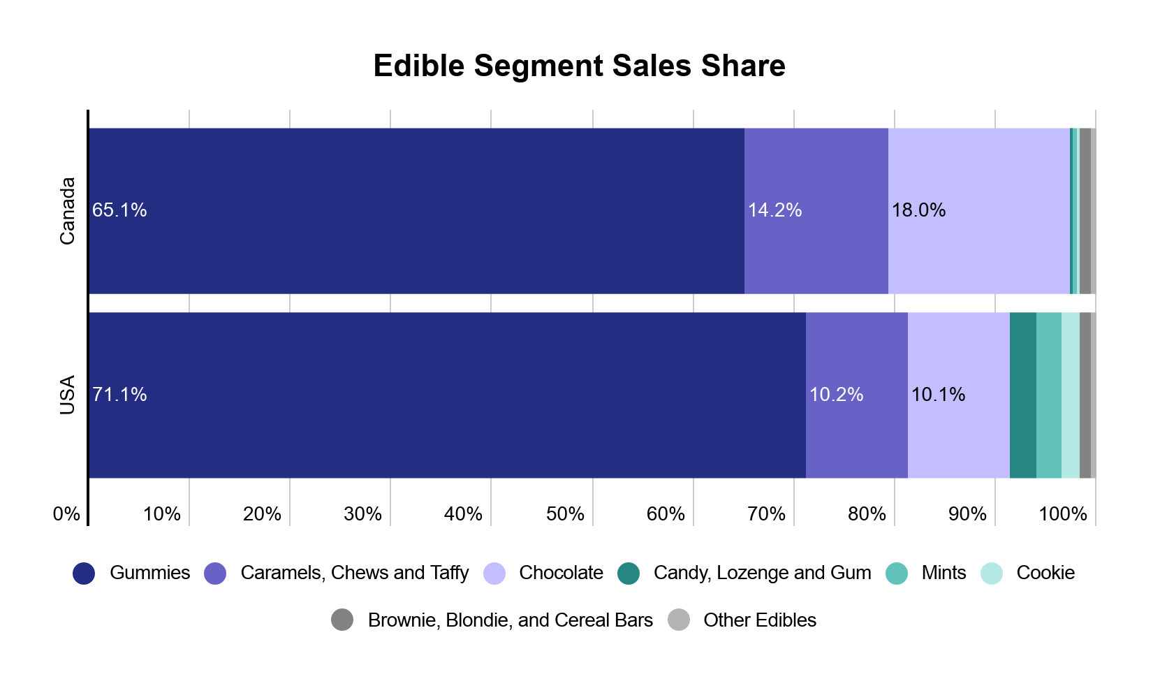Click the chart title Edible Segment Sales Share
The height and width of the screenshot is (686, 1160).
point(579,66)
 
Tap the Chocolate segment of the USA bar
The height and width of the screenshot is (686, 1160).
point(958,433)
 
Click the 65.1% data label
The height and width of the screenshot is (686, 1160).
point(119,210)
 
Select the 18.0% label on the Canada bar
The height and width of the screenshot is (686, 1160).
point(918,210)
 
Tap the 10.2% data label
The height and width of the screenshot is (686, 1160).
point(836,395)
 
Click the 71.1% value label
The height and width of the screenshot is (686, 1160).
point(119,395)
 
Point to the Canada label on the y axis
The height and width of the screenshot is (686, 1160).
point(67,211)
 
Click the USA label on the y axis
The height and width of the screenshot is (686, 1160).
point(67,395)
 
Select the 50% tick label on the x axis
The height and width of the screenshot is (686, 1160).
point(565,514)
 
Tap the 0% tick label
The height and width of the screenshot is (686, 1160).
point(66,514)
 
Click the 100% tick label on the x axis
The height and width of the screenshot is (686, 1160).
point(1062,514)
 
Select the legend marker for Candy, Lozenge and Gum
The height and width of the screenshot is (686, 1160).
point(629,574)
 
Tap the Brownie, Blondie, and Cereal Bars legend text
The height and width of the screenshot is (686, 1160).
point(510,620)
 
